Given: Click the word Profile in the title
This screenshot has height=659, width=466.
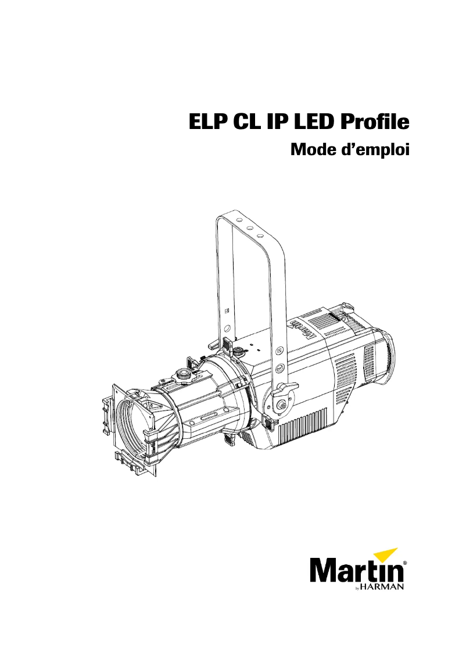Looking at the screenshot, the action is pyautogui.click(x=375, y=124).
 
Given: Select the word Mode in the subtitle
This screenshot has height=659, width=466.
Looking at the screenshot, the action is pyautogui.click(x=314, y=150).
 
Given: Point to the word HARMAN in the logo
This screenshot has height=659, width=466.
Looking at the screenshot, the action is pyautogui.click(x=383, y=588).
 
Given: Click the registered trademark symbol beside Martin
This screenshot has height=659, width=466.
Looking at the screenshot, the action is pyautogui.click(x=404, y=563).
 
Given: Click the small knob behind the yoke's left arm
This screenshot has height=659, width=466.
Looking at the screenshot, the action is pyautogui.click(x=238, y=352).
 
